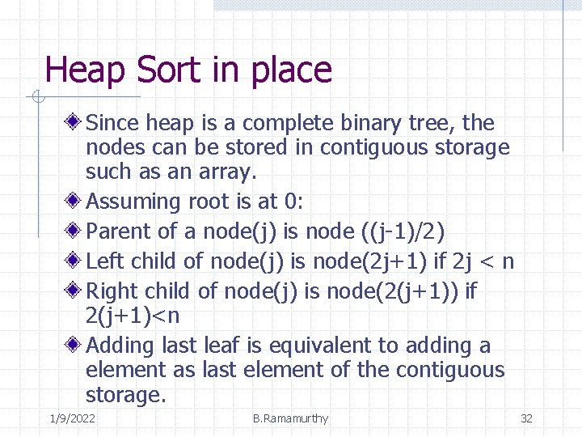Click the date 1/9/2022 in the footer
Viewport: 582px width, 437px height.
[x=71, y=418]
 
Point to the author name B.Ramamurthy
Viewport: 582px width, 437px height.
[x=290, y=418]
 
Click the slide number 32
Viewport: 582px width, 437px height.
[x=526, y=418]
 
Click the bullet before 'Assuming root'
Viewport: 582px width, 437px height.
[x=74, y=201]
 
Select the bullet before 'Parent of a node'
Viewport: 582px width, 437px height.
[x=74, y=231]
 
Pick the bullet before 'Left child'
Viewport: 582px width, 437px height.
[x=74, y=261]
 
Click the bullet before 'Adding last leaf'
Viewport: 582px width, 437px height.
[x=74, y=345]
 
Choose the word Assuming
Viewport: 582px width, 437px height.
[x=133, y=202]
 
